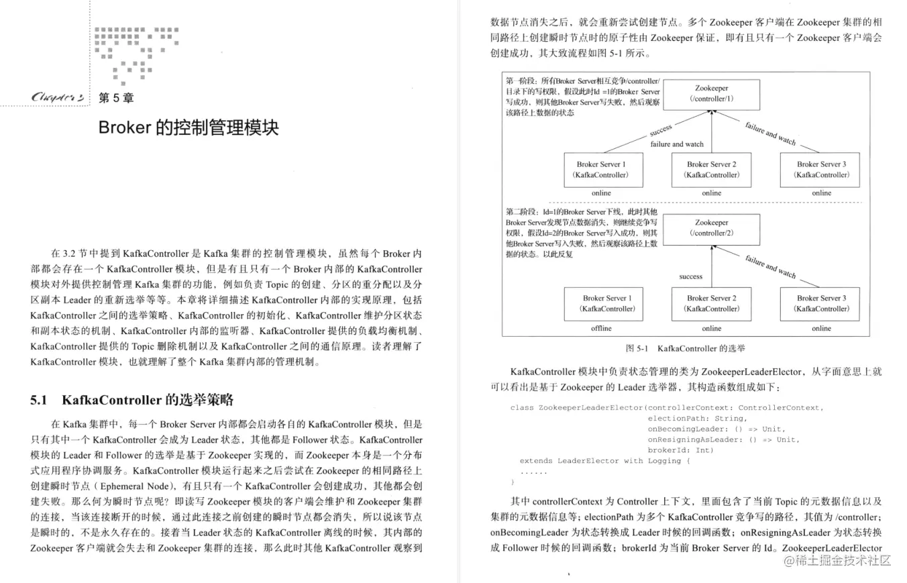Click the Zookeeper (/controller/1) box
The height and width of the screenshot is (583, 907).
point(712,94)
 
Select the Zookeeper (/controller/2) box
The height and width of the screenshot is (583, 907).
point(712,228)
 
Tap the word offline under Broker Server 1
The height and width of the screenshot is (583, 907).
point(601,328)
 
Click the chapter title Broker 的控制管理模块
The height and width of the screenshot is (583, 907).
point(189,127)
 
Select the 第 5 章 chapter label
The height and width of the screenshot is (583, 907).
point(115,98)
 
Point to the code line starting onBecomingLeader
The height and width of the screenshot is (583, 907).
point(716,429)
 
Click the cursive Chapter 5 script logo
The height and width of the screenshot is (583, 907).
point(57,97)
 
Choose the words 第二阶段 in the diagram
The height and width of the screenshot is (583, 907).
point(521,212)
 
